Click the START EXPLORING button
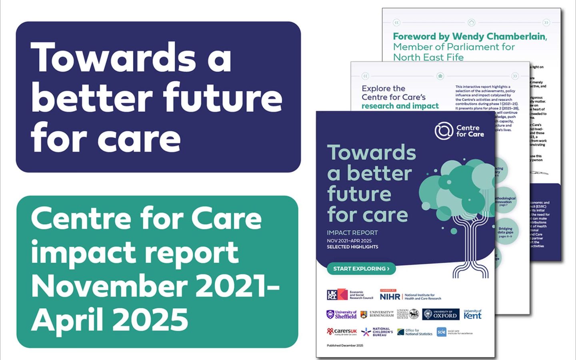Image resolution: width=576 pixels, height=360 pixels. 361,269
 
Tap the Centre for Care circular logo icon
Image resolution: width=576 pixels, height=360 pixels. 444,131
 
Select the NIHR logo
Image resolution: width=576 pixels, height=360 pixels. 390,296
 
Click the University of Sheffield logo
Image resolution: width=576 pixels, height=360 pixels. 342,314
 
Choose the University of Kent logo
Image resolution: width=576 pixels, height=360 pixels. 472,314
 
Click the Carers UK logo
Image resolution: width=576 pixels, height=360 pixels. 342,332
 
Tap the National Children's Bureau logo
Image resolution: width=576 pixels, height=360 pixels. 377,332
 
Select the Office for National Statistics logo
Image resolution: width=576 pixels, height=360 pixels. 415,332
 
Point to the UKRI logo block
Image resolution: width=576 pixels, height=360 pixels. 337,295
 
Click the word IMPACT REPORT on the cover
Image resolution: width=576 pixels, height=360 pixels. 352,233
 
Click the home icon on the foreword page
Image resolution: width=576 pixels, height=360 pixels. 471,22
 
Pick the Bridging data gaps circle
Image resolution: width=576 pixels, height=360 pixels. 506,232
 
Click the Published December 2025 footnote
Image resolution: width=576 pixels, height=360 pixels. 345,346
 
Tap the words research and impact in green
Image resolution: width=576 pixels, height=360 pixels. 400,106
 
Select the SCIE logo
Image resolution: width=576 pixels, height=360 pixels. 442,332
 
